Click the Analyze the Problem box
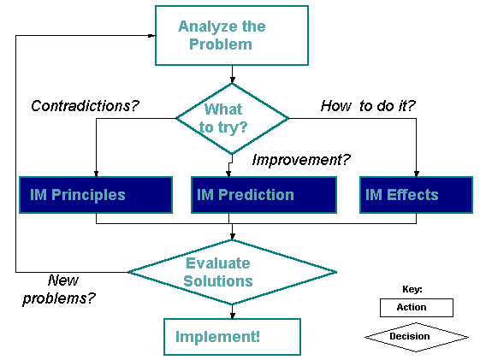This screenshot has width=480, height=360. tap(232, 35)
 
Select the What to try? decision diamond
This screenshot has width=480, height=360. tap(232, 118)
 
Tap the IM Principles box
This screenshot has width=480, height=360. tap(96, 195)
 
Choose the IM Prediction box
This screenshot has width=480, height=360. tap(264, 195)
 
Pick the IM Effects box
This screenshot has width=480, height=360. tap(416, 195)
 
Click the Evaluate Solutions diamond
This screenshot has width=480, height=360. tap(232, 272)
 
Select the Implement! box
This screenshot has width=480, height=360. tap(232, 337)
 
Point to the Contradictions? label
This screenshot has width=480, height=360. tap(85, 106)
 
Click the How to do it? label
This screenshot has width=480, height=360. tap(368, 106)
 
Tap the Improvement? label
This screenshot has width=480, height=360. tap(301, 160)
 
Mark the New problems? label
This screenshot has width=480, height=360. tap(59, 289)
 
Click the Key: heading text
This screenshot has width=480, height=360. tap(412, 289)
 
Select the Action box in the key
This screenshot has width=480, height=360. tap(417, 308)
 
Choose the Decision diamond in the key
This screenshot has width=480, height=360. tap(417, 337)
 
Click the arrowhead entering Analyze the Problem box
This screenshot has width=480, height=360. tap(151, 35)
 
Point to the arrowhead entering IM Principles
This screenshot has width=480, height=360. tap(96, 174)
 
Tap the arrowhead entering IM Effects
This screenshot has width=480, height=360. tap(417, 174)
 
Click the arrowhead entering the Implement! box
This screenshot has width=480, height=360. tap(233, 316)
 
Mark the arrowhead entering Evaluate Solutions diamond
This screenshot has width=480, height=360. tap(233, 236)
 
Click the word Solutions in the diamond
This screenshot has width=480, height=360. tap(218, 281)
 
